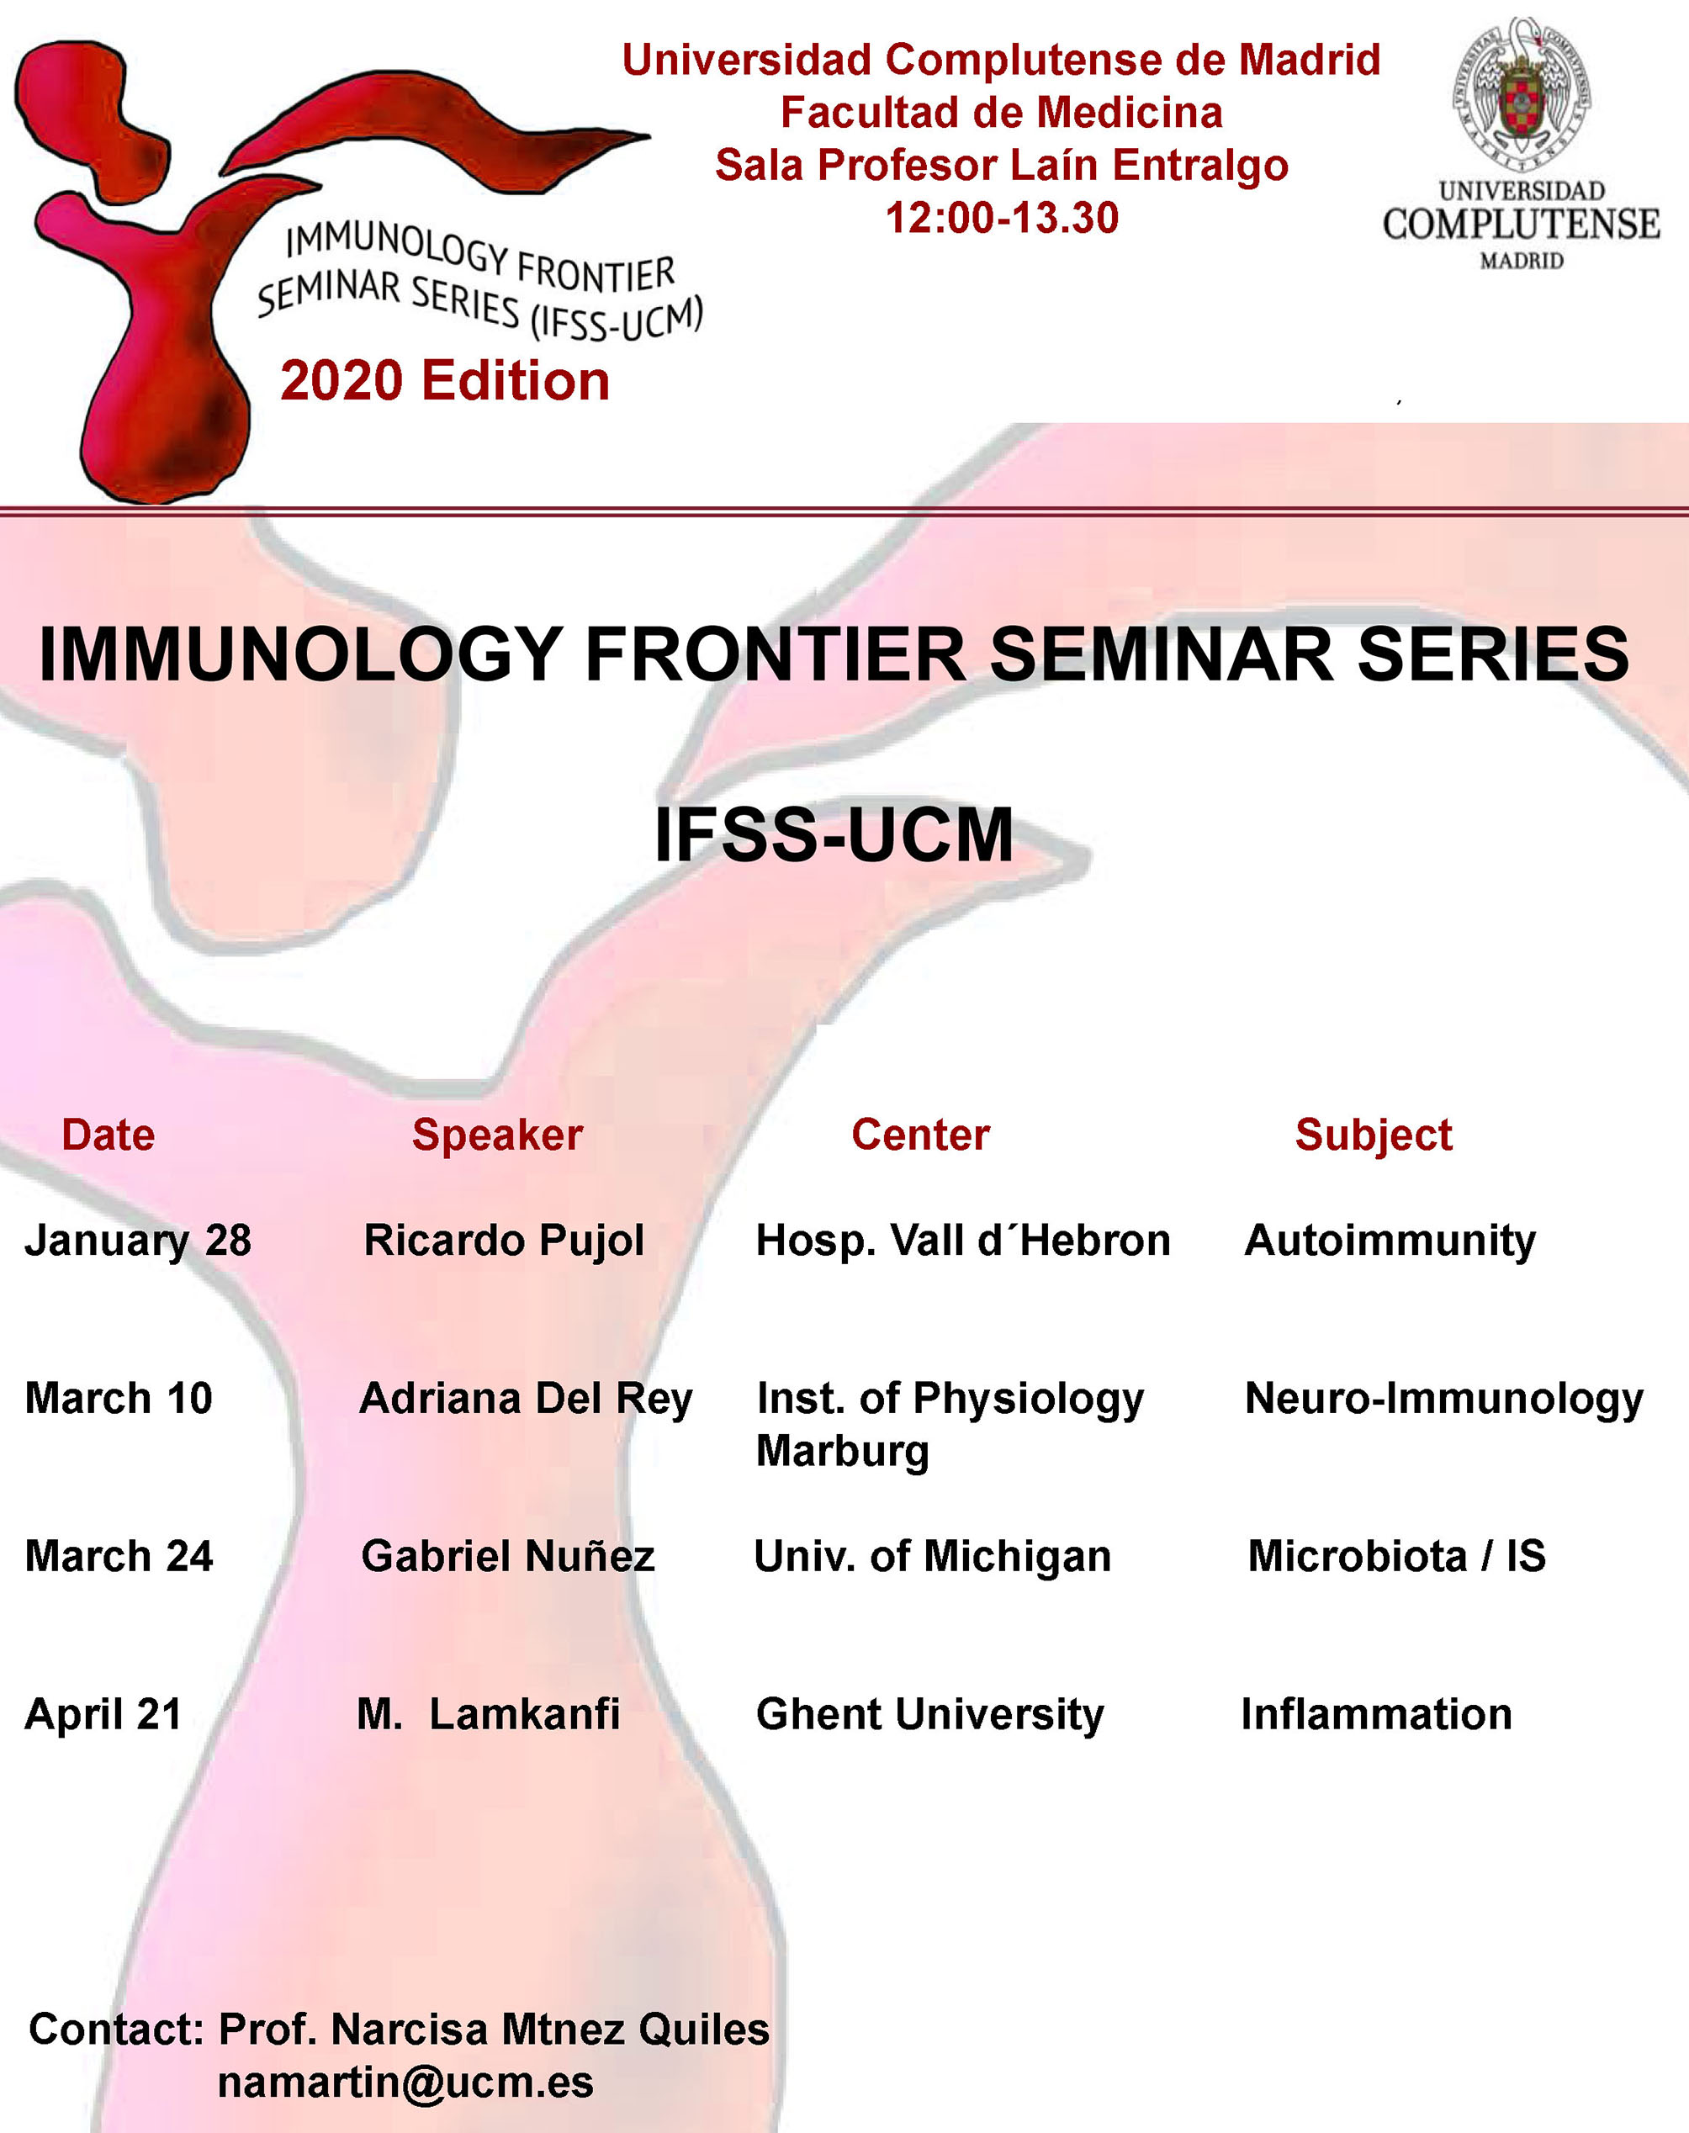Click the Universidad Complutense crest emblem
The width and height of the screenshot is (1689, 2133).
click(x=1521, y=94)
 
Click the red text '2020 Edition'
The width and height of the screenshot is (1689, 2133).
click(x=445, y=381)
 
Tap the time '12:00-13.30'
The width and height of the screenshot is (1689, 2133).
click(x=1002, y=218)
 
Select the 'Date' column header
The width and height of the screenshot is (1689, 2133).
click(x=108, y=1135)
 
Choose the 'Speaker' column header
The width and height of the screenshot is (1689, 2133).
click(x=497, y=1135)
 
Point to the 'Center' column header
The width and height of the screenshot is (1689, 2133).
click(x=921, y=1135)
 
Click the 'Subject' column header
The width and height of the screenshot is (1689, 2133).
click(x=1374, y=1135)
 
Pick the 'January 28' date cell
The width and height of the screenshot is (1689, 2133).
click(x=139, y=1241)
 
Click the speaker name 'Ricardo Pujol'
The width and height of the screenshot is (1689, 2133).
click(x=505, y=1241)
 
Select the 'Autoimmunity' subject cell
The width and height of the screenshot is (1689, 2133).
click(x=1390, y=1241)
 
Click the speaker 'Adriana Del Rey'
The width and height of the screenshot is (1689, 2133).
click(x=526, y=1400)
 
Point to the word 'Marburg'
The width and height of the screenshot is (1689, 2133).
click(x=843, y=1452)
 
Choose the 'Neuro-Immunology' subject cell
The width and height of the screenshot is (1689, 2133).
click(x=1443, y=1400)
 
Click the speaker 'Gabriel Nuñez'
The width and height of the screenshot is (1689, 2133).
click(x=508, y=1557)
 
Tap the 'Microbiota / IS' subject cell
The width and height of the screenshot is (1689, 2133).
click(x=1396, y=1557)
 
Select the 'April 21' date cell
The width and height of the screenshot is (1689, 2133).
click(x=103, y=1716)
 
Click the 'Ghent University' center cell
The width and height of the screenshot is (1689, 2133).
click(x=929, y=1716)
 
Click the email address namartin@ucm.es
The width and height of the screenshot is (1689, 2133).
click(x=405, y=2083)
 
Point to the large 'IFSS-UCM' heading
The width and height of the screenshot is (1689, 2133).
click(x=834, y=835)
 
